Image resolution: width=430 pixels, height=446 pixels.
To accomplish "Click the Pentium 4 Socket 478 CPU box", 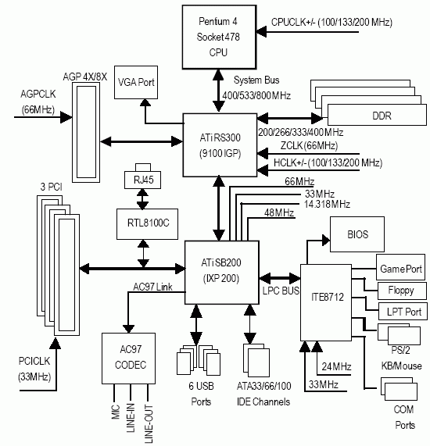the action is coord(219,37).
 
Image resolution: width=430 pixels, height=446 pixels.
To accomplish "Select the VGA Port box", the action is coord(136,83).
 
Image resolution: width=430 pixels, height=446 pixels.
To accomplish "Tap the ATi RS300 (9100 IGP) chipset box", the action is coord(220,145).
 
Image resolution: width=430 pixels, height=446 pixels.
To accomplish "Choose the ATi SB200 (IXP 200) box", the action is coord(221,273).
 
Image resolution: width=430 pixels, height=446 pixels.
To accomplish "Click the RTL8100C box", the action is coord(147,224).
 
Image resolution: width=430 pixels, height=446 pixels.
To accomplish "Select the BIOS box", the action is coord(357,234).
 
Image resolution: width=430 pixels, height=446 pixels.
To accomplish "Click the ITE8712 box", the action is coord(326,302).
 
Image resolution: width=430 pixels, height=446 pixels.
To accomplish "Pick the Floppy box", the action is coord(402,291).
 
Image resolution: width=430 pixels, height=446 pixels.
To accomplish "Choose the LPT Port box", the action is coord(403,312).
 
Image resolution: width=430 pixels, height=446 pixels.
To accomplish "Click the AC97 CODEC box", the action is coord(128,359).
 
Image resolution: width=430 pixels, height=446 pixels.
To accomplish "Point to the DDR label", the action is coord(382,116).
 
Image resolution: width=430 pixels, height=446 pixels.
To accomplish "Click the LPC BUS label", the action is coord(281,291).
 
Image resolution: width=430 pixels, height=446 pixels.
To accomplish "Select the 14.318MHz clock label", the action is coord(327,204).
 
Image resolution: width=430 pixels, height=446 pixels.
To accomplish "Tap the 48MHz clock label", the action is coord(279,212).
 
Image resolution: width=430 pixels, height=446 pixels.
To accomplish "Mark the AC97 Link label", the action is coord(152,287).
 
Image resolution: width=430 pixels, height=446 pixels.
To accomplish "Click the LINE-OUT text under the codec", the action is coord(149,423).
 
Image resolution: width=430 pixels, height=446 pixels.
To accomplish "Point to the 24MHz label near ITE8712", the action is coord(336,366).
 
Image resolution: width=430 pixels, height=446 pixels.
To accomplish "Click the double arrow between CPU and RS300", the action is coord(218,91).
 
